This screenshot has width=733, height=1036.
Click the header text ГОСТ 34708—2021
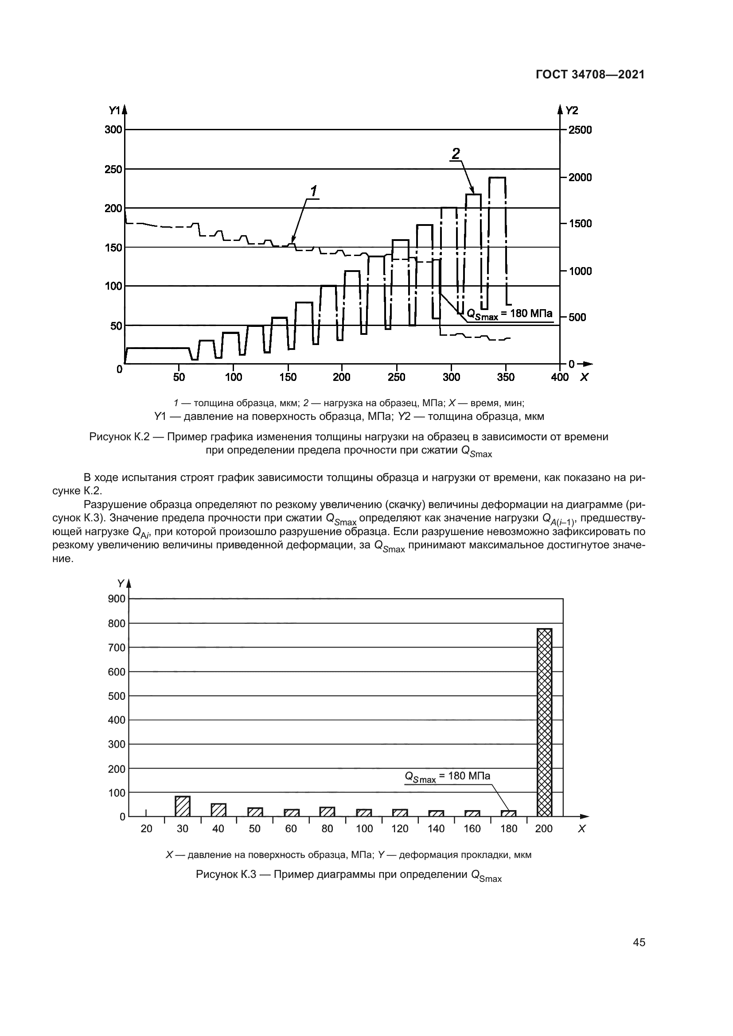tap(590, 75)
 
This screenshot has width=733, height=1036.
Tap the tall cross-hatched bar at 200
tap(544, 722)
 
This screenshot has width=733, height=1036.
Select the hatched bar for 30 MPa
tap(182, 806)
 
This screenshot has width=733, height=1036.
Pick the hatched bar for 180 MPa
tap(508, 813)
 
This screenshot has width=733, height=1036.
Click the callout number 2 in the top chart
tap(456, 153)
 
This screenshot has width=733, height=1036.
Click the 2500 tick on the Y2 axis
tap(580, 130)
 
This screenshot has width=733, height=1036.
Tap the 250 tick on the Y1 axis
tap(113, 169)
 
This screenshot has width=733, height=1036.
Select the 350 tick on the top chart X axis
tap(506, 377)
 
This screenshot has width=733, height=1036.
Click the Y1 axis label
tap(114, 110)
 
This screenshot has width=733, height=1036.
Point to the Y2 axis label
tap(571, 110)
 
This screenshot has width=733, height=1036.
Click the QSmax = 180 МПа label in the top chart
tap(509, 314)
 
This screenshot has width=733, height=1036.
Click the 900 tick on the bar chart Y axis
tap(117, 599)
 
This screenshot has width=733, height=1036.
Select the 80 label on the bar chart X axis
tap(327, 829)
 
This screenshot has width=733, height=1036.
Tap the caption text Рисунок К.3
tap(226, 874)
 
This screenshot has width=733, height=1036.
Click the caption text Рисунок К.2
tap(119, 437)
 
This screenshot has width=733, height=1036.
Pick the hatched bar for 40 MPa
tap(218, 810)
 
